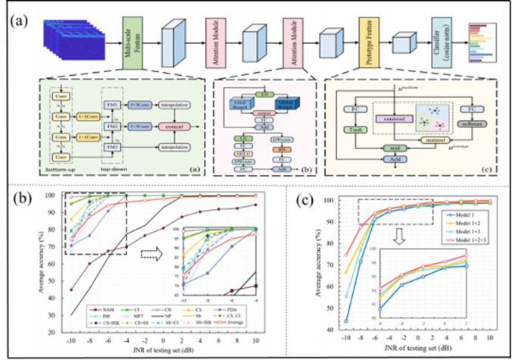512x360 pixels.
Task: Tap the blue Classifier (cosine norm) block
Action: point(441,37)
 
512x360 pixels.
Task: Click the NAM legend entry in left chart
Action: point(100,309)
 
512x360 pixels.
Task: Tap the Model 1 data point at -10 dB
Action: point(346,321)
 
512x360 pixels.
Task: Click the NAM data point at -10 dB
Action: point(72,290)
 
